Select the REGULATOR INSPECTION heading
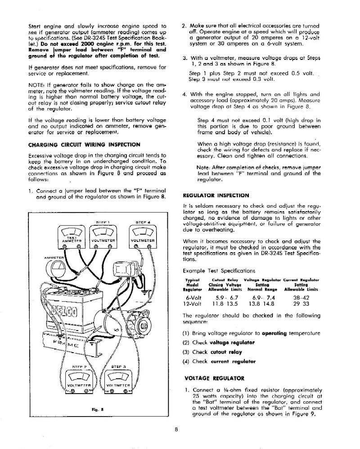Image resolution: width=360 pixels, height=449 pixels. (216, 195)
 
